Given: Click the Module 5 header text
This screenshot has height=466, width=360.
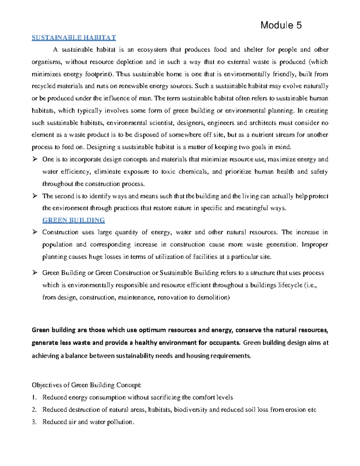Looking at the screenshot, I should pos(281,25).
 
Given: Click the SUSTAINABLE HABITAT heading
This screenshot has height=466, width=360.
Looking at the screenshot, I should pos(74,38).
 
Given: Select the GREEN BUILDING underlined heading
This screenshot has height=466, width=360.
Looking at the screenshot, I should pos(73,220).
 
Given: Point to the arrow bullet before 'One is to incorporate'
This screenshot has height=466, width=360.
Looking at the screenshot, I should pos(35,159).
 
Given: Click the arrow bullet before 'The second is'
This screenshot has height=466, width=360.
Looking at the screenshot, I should pos(35,196).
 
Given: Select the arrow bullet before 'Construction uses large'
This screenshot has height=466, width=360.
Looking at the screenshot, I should pos(35,232).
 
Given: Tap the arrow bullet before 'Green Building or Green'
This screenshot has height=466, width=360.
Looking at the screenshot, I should pos(35,272).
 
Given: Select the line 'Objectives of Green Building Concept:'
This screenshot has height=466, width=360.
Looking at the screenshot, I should pos(86,385).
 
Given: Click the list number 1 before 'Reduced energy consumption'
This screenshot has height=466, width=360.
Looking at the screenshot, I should pos(34,397).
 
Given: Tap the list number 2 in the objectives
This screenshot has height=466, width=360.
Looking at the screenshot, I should pos(34,410).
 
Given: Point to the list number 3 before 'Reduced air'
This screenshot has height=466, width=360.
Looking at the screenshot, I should pos(34,422).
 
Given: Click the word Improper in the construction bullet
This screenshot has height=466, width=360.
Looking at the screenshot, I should pos(315,245).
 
